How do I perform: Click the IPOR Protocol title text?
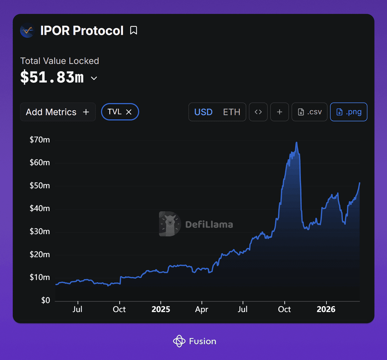tap(82, 31)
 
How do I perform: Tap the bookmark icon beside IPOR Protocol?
tap(134, 31)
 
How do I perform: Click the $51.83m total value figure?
tap(52, 78)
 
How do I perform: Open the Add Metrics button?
tap(58, 112)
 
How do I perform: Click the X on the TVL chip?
tap(129, 112)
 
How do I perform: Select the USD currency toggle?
tap(203, 112)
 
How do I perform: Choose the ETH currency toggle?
tap(232, 112)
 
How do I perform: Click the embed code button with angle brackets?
tap(258, 112)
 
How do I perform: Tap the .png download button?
tap(349, 112)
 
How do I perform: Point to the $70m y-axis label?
tap(40, 140)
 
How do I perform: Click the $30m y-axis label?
tap(40, 231)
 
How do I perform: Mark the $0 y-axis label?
tap(45, 300)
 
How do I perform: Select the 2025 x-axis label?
tap(161, 309)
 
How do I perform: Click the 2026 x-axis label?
tap(326, 309)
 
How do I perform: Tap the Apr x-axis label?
tap(202, 309)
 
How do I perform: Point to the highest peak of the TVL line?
tap(296, 142)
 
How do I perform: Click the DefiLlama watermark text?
tap(209, 224)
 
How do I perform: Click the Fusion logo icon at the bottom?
tap(179, 341)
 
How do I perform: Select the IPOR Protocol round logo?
tap(27, 31)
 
